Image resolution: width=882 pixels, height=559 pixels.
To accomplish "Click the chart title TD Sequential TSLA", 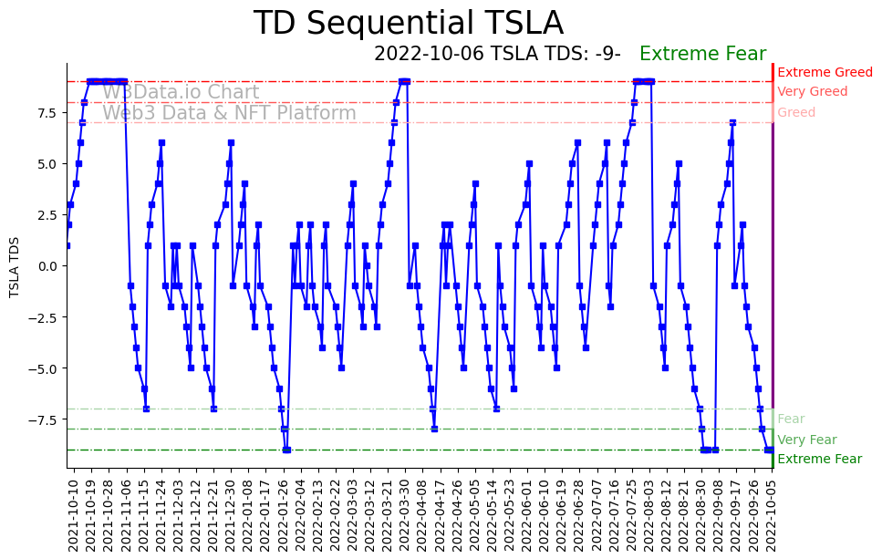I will pos(408,24).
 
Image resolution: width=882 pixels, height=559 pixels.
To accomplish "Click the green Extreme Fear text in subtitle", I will pos(702,54).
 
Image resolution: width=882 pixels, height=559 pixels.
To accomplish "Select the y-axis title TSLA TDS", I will pos(15,266).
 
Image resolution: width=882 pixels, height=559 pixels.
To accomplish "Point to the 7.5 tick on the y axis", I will pos(47,113).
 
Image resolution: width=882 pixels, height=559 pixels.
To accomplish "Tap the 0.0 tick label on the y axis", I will pos(47,266).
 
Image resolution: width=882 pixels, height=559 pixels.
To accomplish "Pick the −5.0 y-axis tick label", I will pos(44,368).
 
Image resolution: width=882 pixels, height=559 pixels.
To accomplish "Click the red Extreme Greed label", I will pos(825,72).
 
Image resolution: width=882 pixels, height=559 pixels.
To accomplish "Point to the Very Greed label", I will pos(812,92).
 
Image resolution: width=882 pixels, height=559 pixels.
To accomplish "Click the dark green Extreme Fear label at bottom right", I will pos(819,460).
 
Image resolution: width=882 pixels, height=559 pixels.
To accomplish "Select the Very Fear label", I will pos(806,440).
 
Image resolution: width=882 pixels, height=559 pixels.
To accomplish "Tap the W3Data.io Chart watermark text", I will pos(181,92).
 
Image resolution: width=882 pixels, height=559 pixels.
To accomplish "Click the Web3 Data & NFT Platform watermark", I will pos(229,113).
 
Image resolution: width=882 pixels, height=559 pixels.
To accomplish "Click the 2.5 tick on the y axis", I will pos(47,214).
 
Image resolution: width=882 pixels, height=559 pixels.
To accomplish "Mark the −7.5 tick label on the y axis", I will pos(44,419).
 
